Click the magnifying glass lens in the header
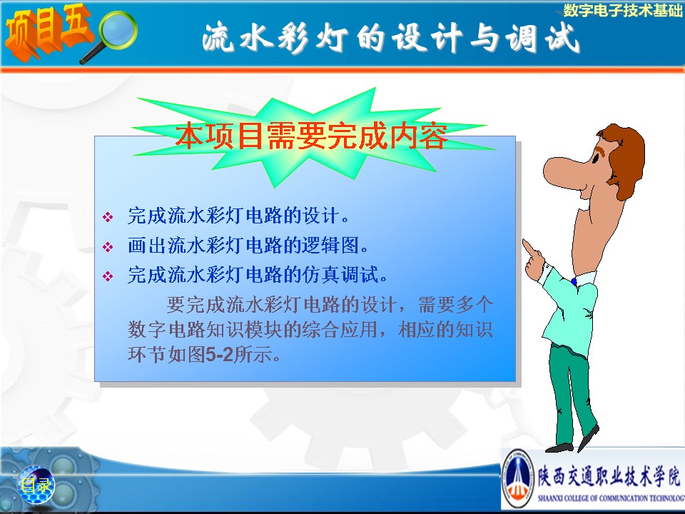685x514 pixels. point(117,31)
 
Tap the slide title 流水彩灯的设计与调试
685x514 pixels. point(390,39)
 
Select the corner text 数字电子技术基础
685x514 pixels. point(622,10)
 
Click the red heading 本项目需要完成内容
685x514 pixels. point(312,136)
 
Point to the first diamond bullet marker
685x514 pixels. point(108,217)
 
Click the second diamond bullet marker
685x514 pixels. point(108,247)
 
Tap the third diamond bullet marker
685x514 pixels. point(108,276)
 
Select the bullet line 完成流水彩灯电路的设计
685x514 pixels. point(238,216)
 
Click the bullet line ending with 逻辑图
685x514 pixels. point(248,245)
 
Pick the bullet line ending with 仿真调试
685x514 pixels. point(258,275)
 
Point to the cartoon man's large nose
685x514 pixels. point(563,169)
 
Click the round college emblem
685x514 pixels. point(517,478)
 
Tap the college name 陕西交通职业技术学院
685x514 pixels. point(609,475)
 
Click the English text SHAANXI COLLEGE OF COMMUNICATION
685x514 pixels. point(611,498)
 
